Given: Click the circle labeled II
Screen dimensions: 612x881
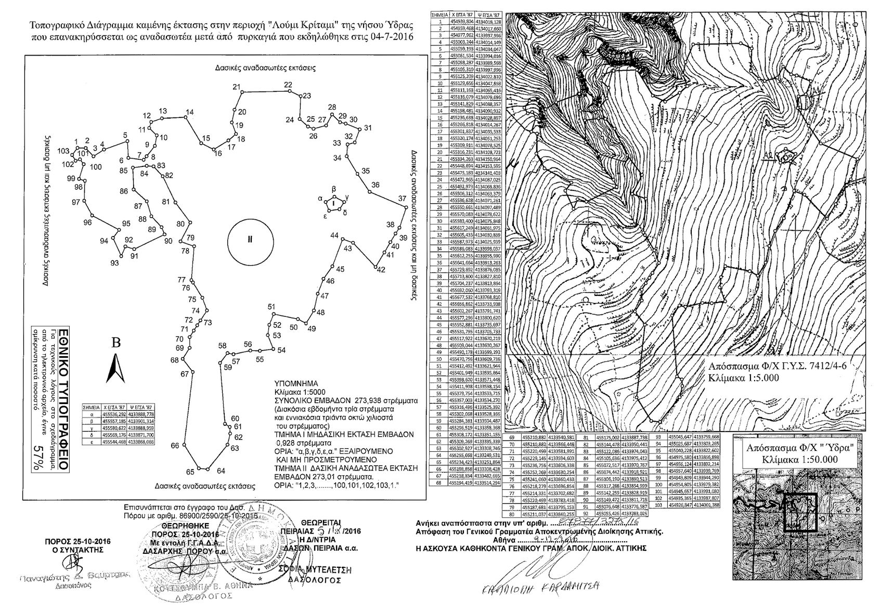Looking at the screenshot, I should (250, 240).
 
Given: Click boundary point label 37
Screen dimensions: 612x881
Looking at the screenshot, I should (401, 199).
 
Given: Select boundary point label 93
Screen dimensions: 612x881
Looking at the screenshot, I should (114, 263).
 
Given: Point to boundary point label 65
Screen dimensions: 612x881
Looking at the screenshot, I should (190, 472).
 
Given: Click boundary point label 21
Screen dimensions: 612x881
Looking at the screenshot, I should (237, 86).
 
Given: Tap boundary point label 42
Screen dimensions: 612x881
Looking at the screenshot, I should (381, 269).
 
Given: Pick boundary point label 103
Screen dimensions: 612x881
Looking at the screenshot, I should (63, 151).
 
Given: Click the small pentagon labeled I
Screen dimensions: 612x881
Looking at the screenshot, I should (334, 203).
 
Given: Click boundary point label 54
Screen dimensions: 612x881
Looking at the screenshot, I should (281, 350).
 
